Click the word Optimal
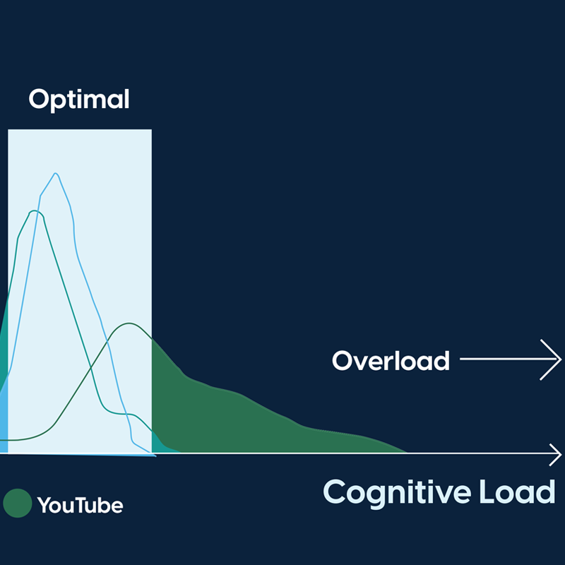click(79, 100)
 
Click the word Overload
click(391, 360)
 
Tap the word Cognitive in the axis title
click(397, 493)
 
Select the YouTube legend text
click(80, 505)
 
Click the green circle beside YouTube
click(17, 503)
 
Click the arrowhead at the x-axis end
click(556, 454)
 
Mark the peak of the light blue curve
click(56, 173)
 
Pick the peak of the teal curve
click(35, 210)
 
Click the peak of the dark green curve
click(129, 323)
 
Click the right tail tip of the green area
click(408, 452)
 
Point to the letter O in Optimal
click(39, 99)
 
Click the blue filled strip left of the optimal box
click(4, 422)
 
